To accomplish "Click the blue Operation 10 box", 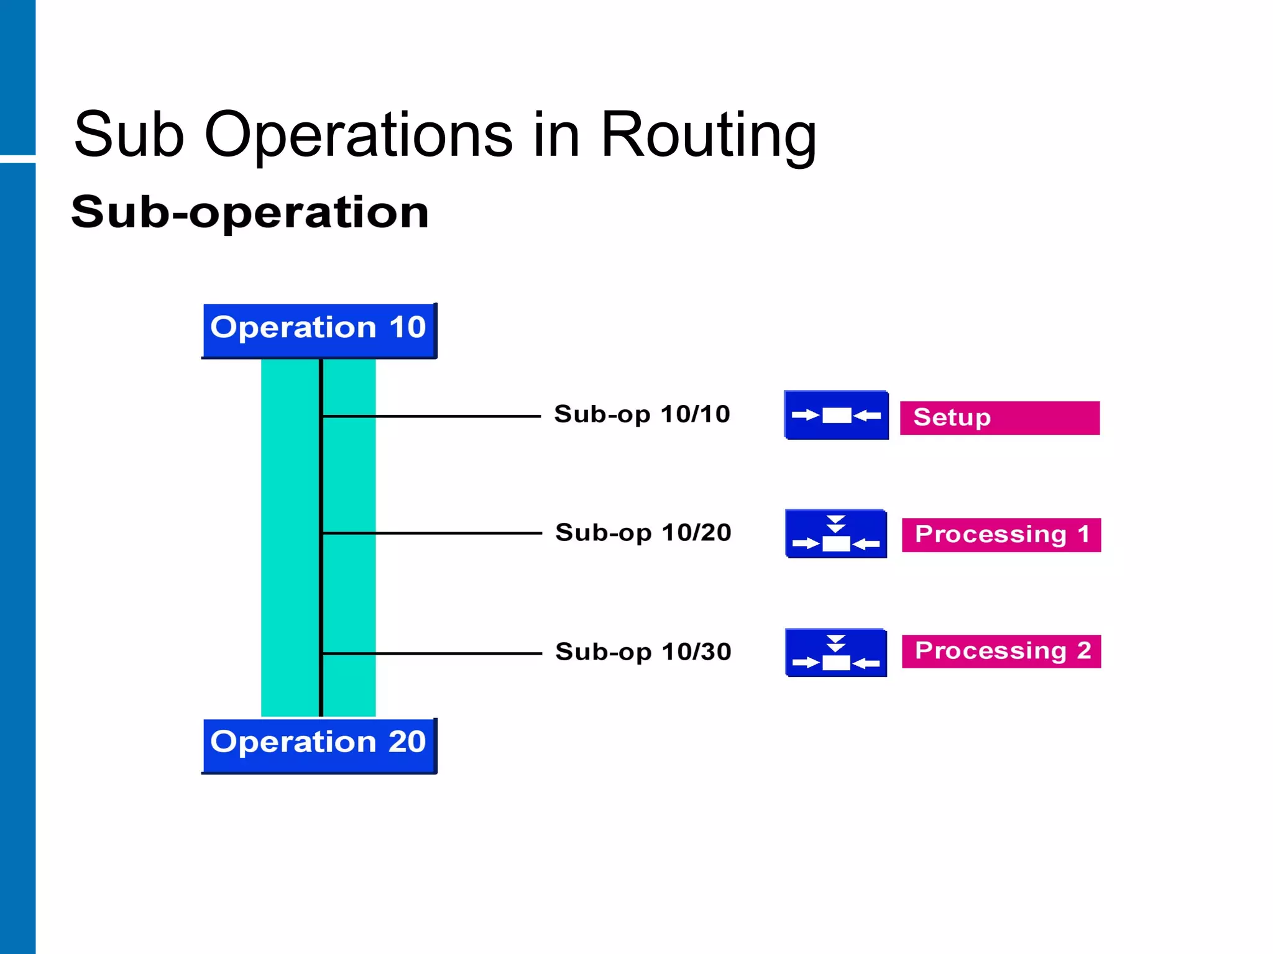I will pyautogui.click(x=319, y=330).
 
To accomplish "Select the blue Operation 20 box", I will pyautogui.click(x=319, y=745).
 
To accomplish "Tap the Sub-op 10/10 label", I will pyautogui.click(x=641, y=414).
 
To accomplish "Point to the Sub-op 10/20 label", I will pyautogui.click(x=643, y=533).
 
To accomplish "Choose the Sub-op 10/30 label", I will pyautogui.click(x=643, y=652).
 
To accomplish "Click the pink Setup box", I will pyautogui.click(x=1000, y=418).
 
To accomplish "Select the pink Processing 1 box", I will pyautogui.click(x=1001, y=535).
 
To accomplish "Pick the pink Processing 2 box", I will pyautogui.click(x=1001, y=652).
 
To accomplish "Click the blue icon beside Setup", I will pyautogui.click(x=836, y=415).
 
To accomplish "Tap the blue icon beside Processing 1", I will pyautogui.click(x=835, y=534).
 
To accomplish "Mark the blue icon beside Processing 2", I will pyautogui.click(x=835, y=653).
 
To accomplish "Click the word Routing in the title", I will pyautogui.click(x=708, y=136).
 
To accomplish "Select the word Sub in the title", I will pyautogui.click(x=129, y=135).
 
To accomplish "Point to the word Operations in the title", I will pyautogui.click(x=359, y=136).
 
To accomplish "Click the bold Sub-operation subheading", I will pyautogui.click(x=250, y=212).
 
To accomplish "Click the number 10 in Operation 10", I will pyautogui.click(x=407, y=327).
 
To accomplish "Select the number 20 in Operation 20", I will pyautogui.click(x=407, y=742).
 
